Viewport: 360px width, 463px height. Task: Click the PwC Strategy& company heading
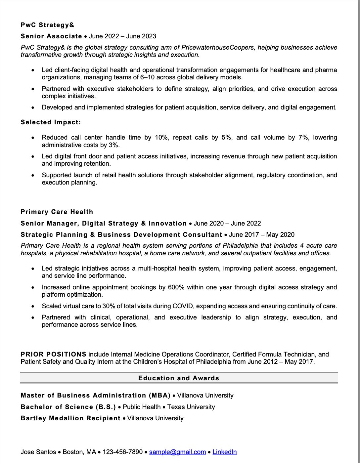click(47, 25)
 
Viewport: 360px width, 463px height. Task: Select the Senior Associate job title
click(51, 36)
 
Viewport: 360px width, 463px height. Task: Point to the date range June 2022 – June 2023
click(122, 36)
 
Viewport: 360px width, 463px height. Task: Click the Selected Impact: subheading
click(51, 122)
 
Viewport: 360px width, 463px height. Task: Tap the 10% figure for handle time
click(161, 138)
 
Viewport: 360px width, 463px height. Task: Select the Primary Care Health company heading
click(57, 212)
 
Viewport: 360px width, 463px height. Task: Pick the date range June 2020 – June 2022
click(227, 224)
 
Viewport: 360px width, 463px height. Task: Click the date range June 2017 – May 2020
click(261, 235)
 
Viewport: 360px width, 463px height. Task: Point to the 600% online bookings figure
click(176, 287)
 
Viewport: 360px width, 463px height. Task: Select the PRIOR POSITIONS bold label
click(54, 355)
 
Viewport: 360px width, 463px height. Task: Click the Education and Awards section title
click(179, 378)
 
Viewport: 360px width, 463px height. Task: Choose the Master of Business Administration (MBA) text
click(95, 396)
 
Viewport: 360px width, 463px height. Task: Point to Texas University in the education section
click(191, 407)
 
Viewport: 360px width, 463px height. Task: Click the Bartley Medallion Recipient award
click(70, 418)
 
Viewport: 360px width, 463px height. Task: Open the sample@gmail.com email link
click(177, 452)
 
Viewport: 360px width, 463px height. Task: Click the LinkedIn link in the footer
click(224, 452)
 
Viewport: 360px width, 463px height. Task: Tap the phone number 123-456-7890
click(122, 452)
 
